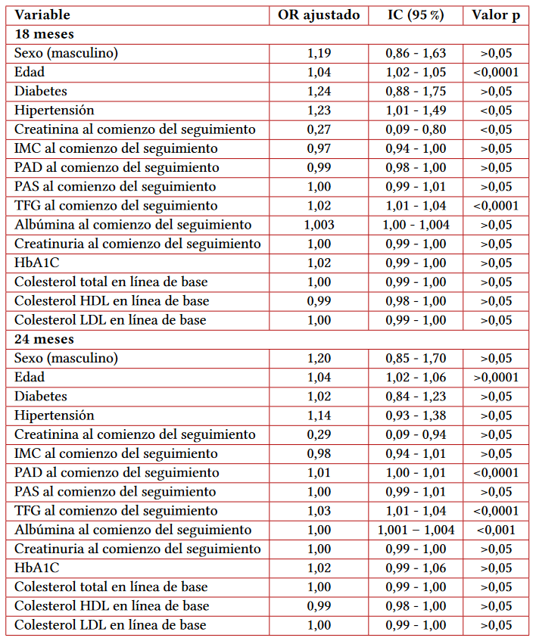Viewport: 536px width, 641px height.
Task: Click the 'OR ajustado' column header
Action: point(319,15)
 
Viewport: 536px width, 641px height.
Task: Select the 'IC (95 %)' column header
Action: point(416,15)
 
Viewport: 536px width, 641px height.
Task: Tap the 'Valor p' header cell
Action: point(496,15)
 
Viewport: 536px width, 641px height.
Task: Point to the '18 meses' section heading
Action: point(44,34)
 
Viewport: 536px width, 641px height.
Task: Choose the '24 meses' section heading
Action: point(44,339)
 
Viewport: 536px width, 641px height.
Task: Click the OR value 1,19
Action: point(319,53)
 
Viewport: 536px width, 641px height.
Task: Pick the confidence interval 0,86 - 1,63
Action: point(416,53)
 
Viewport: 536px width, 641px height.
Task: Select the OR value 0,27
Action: point(319,129)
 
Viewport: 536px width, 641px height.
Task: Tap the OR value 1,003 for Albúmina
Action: point(319,225)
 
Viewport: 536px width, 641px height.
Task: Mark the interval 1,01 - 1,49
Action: point(416,110)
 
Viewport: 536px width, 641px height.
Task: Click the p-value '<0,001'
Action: point(496,530)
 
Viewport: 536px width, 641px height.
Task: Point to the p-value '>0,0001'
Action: point(496,377)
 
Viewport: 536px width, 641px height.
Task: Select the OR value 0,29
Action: point(319,434)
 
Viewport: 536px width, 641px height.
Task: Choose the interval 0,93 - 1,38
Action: point(416,415)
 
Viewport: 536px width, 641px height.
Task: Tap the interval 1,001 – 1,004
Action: point(416,530)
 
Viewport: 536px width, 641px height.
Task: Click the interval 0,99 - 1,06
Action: point(416,568)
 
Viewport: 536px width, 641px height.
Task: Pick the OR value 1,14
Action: point(319,415)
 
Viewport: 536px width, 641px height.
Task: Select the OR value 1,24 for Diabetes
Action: point(319,92)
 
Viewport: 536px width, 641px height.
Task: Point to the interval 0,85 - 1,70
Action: point(416,358)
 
